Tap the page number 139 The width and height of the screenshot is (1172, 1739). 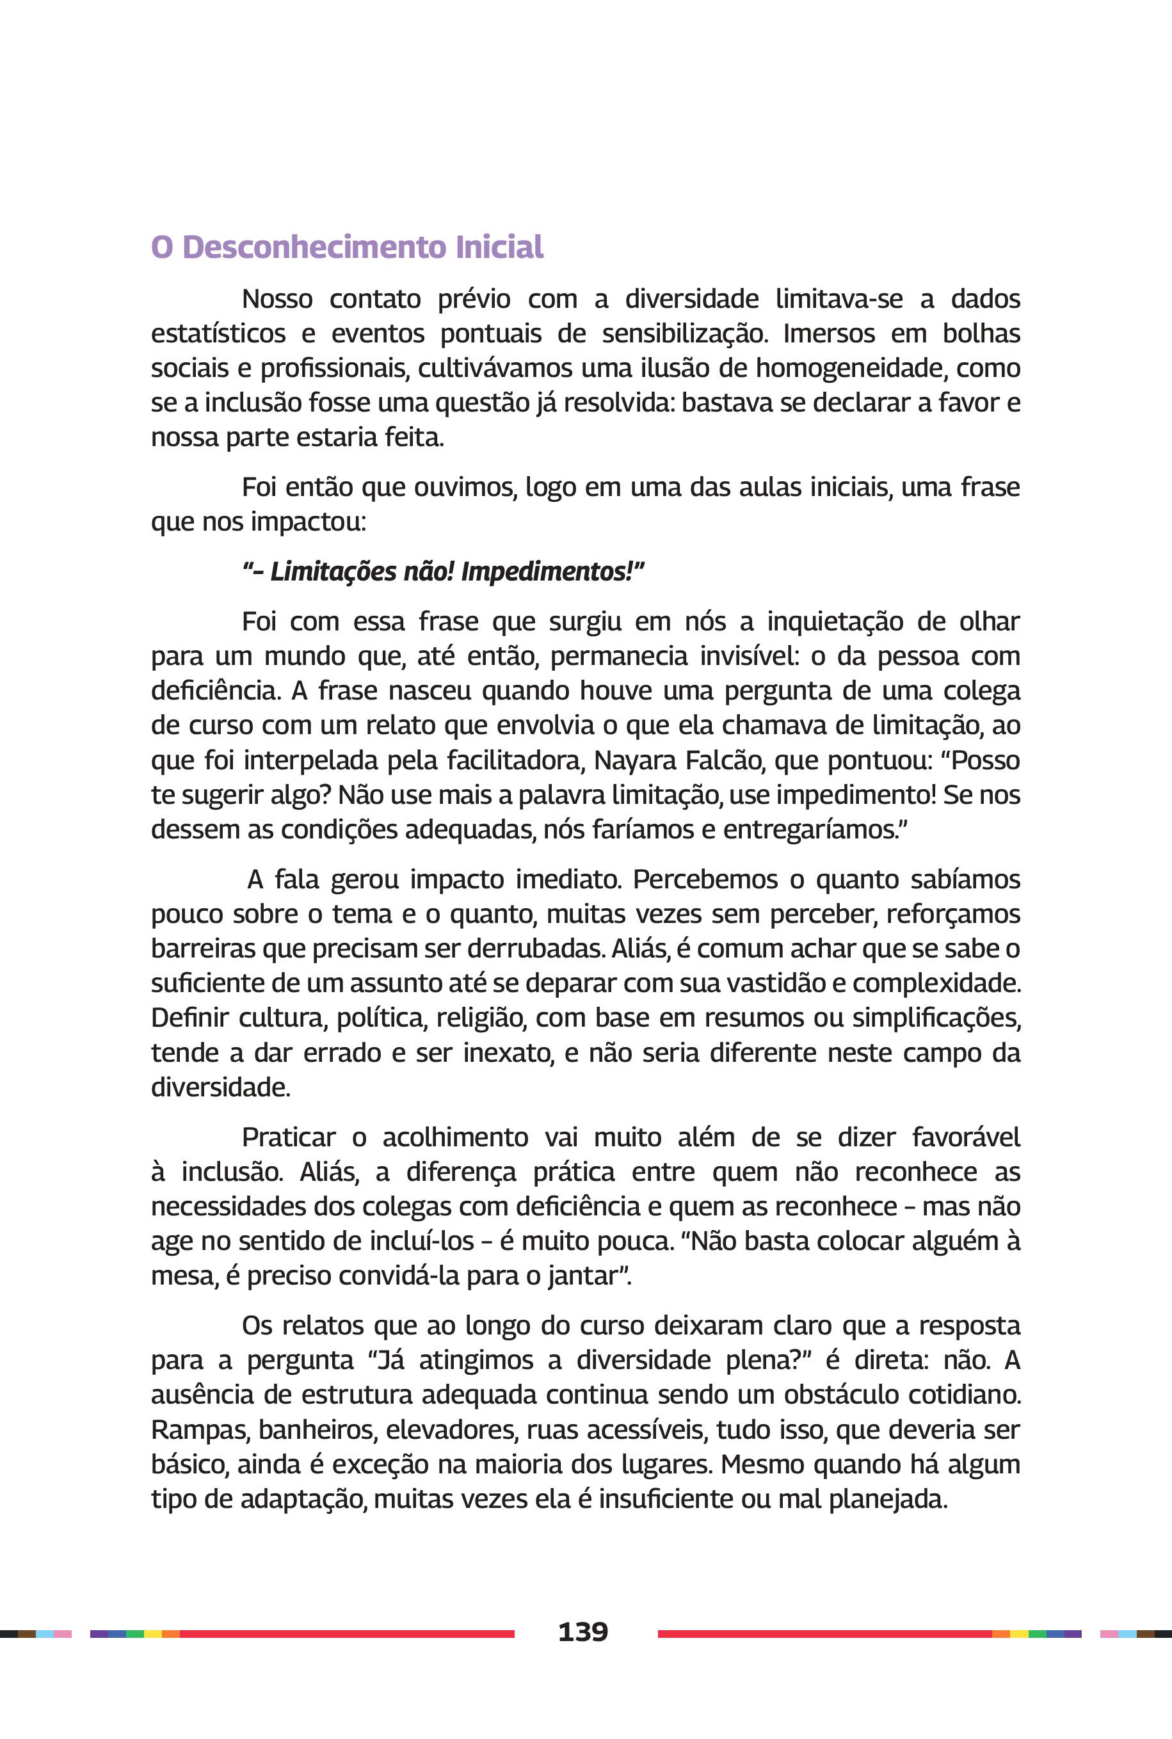583,1631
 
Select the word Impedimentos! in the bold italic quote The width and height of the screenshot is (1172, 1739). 552,572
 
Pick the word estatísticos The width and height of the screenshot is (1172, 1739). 218,333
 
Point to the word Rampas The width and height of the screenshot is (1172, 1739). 200,1430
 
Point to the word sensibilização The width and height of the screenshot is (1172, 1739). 684,333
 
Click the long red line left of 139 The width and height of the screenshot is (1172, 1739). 347,1633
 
